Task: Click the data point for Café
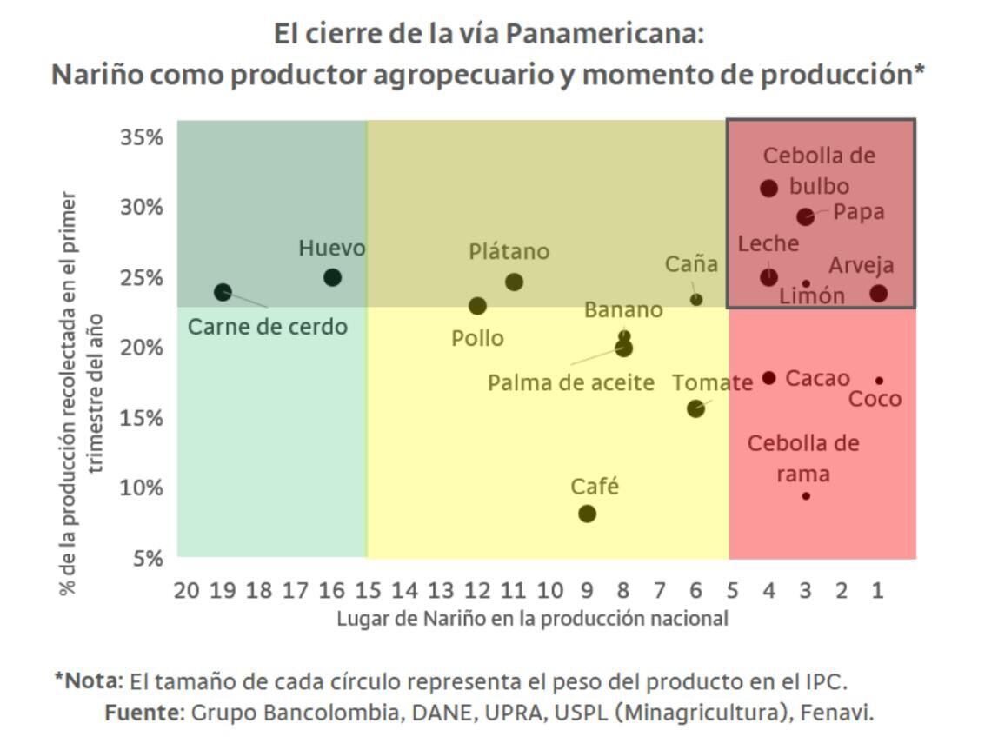(x=587, y=514)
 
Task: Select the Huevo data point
(x=332, y=277)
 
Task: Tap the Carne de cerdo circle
(x=223, y=292)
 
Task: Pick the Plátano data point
(x=514, y=282)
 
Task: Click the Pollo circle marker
(x=477, y=306)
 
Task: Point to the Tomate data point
(x=695, y=408)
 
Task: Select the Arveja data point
(x=879, y=293)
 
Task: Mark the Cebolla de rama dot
(x=806, y=496)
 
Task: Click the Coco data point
(x=879, y=381)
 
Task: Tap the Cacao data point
(x=769, y=378)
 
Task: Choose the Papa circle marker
(x=806, y=216)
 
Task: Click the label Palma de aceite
(x=570, y=382)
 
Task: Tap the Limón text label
(x=811, y=296)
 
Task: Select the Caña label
(x=691, y=263)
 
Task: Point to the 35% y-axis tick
(x=141, y=137)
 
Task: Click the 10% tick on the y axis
(x=141, y=487)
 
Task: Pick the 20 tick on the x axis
(x=186, y=591)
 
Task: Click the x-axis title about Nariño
(x=532, y=619)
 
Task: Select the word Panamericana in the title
(x=603, y=36)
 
